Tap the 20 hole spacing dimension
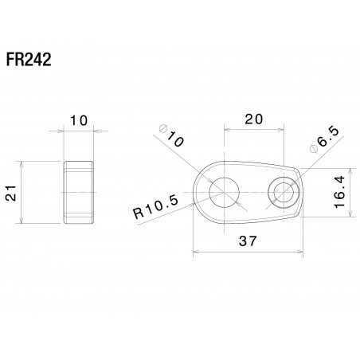click(253, 119)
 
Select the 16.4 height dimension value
click(339, 191)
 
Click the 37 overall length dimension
click(248, 242)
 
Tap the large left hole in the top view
click(223, 192)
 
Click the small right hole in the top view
click(284, 192)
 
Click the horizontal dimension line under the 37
click(248, 253)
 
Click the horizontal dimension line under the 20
click(253, 131)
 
